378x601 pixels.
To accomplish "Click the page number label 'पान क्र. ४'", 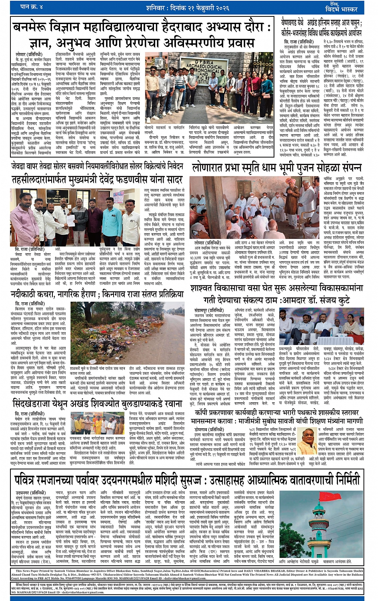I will tap(32, 7).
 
